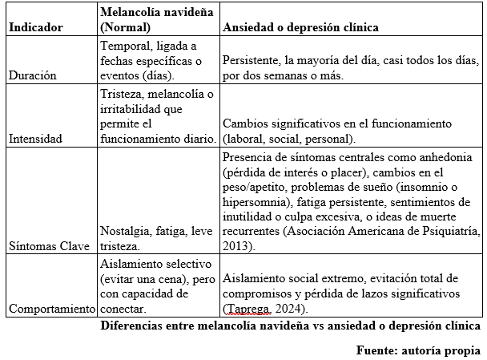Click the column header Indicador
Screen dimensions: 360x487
tap(35, 27)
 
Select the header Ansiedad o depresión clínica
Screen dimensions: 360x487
tap(300, 27)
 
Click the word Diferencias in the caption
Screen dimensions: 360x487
tap(134, 326)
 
